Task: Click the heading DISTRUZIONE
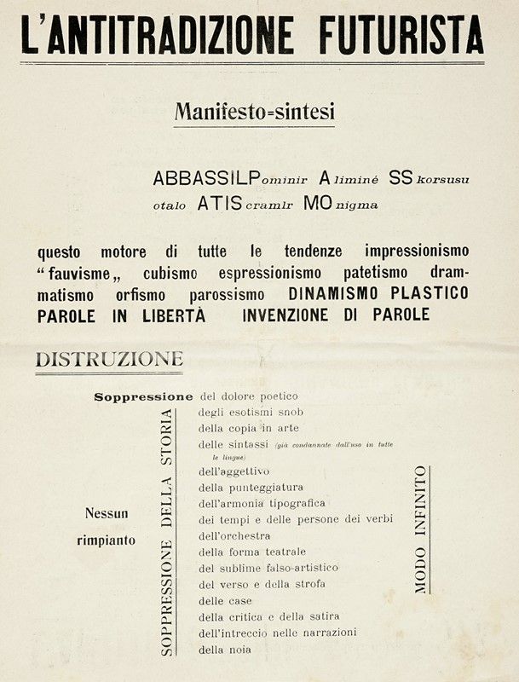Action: click(x=109, y=360)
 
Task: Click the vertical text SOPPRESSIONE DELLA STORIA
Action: click(x=166, y=531)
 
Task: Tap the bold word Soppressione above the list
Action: click(x=143, y=396)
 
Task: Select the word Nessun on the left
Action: click(x=107, y=513)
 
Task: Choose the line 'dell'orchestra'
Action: click(x=234, y=535)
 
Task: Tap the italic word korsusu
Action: click(x=442, y=181)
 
